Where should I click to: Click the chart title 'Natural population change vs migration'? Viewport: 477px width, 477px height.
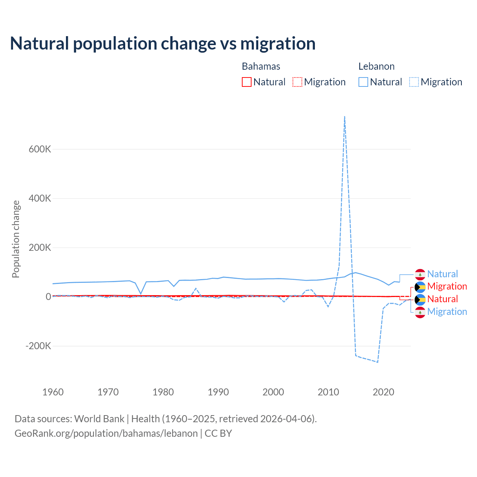pyautogui.click(x=163, y=44)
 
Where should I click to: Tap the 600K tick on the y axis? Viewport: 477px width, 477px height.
pyautogui.click(x=40, y=149)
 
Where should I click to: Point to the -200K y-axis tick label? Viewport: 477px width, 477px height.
pyautogui.click(x=38, y=346)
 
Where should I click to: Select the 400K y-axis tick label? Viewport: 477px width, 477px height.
pyautogui.click(x=40, y=198)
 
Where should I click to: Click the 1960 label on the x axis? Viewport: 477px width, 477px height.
pyautogui.click(x=53, y=392)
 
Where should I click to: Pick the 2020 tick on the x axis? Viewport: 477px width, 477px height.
pyautogui.click(x=383, y=392)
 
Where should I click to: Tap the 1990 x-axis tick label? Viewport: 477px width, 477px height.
pyautogui.click(x=218, y=392)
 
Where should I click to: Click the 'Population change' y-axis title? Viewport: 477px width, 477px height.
pyautogui.click(x=16, y=239)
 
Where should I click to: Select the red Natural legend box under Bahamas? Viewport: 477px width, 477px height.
pyautogui.click(x=247, y=82)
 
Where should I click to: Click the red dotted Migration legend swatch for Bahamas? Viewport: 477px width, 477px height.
pyautogui.click(x=297, y=82)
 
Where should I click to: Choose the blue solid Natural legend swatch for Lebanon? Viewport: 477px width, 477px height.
pyautogui.click(x=363, y=82)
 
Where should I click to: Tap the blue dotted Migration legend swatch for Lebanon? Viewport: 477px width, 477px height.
pyautogui.click(x=414, y=82)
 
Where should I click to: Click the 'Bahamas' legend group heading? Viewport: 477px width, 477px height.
pyautogui.click(x=261, y=66)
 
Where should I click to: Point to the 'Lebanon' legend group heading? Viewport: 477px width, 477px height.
pyautogui.click(x=376, y=66)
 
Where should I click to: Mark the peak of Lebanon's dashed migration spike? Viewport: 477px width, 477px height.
pyautogui.click(x=345, y=117)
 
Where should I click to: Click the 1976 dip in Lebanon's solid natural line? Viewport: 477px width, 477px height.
pyautogui.click(x=141, y=294)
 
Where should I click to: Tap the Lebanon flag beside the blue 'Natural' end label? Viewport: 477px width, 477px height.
pyautogui.click(x=420, y=274)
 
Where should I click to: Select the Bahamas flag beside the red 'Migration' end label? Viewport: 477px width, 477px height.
pyautogui.click(x=420, y=287)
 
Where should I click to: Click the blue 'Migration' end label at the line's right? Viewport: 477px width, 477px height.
pyautogui.click(x=447, y=312)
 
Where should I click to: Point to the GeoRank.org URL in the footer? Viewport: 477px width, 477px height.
pyautogui.click(x=106, y=433)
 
